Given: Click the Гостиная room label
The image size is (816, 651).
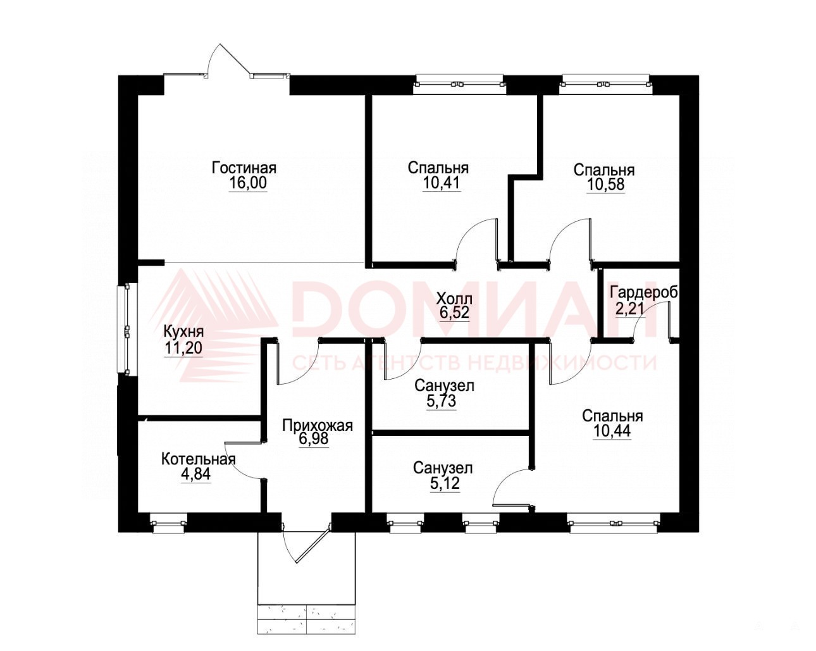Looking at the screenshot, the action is pos(244,167).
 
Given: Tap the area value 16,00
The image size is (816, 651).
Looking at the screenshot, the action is pos(248,183).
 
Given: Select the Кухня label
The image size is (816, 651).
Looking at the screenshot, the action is pos(183,332).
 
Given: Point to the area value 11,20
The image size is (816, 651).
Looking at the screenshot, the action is pos(183,347).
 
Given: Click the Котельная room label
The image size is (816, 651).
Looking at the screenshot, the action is pos(199,459).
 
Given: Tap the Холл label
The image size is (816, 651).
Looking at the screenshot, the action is pos(454,298).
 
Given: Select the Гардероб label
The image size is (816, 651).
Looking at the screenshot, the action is pos(643,292).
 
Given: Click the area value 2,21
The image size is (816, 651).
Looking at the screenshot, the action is pos(629,309).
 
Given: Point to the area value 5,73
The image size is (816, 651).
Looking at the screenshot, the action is pos(442,401).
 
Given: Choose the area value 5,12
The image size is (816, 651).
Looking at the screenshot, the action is pos(445,483).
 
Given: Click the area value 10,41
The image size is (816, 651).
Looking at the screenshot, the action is pos(442,183).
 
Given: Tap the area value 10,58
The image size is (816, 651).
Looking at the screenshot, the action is pos(606,185).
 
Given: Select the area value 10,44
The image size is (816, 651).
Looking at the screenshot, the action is pos(612,431).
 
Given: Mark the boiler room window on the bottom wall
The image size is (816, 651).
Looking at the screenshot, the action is pos(168,523).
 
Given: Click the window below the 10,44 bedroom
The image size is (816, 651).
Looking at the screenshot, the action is pos(614,523).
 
